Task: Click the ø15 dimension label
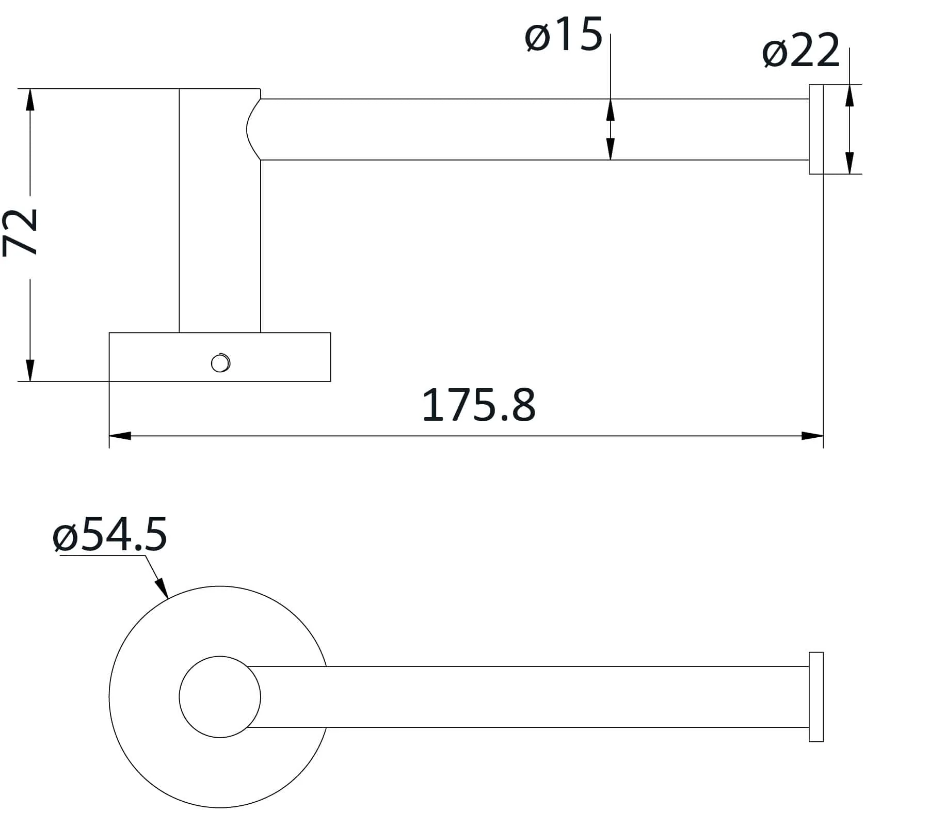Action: tap(564, 35)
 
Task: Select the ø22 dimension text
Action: tap(801, 51)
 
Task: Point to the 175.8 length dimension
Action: tap(479, 406)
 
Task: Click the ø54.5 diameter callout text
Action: tap(110, 534)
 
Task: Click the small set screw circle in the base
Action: tap(220, 363)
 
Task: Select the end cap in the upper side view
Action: tap(815, 129)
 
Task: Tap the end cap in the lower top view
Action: tap(815, 697)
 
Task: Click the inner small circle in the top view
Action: tap(220, 697)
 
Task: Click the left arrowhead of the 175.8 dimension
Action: tap(120, 436)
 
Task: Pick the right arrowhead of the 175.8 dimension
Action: tap(812, 436)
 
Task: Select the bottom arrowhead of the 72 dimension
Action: tap(30, 370)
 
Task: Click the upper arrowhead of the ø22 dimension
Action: tap(850, 96)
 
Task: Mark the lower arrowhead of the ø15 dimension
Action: tap(611, 150)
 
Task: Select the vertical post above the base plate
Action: tap(220, 232)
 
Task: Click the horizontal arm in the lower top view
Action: tap(542, 697)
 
